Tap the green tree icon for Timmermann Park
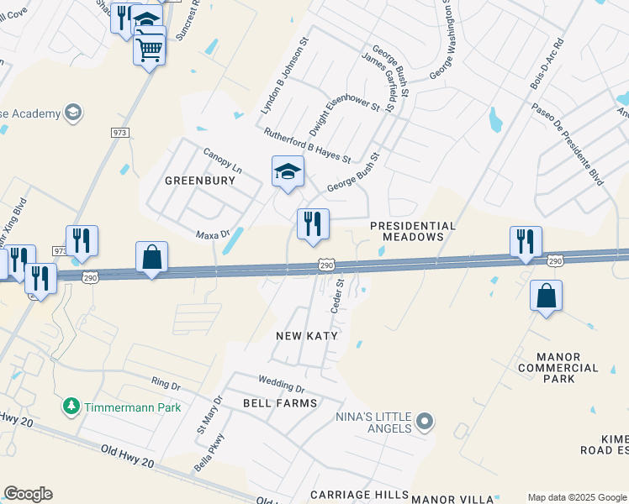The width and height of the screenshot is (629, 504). coord(71,407)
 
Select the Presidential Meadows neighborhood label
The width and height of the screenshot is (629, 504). coord(413,231)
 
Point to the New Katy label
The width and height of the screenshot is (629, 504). coord(307,336)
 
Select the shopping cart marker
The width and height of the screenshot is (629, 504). coord(150,50)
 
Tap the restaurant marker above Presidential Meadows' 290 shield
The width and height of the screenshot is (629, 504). coord(313,224)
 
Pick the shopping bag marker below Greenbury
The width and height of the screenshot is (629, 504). coord(151,258)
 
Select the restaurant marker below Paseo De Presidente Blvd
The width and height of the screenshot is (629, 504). coord(526,242)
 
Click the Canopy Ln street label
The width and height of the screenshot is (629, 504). coord(223,160)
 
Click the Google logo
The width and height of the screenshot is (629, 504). coord(28,494)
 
